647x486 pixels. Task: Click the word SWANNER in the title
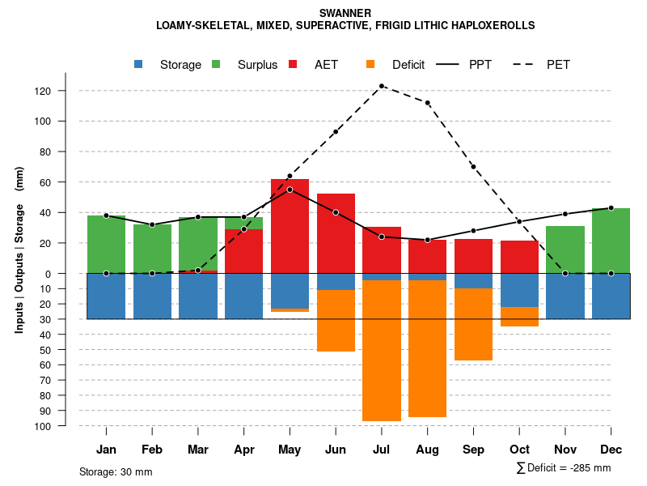(x=345, y=13)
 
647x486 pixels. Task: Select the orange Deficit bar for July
(x=382, y=350)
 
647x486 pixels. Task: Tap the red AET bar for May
(x=290, y=226)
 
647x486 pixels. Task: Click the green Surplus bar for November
(x=565, y=249)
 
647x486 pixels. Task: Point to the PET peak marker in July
(x=382, y=86)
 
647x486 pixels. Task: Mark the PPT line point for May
(x=290, y=190)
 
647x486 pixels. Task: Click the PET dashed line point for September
(x=473, y=167)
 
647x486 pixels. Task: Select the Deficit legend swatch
(x=371, y=65)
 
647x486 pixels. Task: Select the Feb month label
(x=152, y=450)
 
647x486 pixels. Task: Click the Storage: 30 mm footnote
(x=116, y=471)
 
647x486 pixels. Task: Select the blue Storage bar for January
(x=106, y=296)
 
